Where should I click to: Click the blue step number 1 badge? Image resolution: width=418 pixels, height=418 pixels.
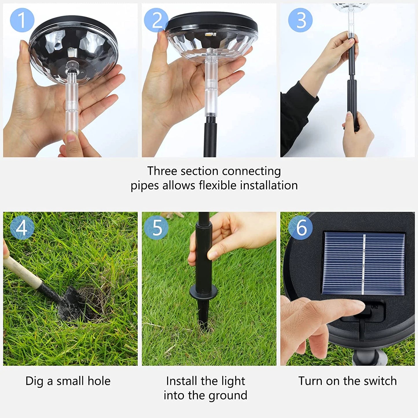point(22,20)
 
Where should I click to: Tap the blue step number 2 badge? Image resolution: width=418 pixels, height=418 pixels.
point(156,20)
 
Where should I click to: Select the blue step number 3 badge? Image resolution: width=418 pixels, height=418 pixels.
point(300,20)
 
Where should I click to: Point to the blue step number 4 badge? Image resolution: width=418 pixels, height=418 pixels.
point(22,228)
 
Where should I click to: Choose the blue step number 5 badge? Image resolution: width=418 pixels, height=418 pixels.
point(156,228)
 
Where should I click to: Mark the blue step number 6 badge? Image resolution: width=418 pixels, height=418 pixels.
point(301,228)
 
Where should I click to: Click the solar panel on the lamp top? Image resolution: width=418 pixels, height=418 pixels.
point(364,264)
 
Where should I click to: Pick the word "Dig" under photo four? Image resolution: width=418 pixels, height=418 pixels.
point(34,381)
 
